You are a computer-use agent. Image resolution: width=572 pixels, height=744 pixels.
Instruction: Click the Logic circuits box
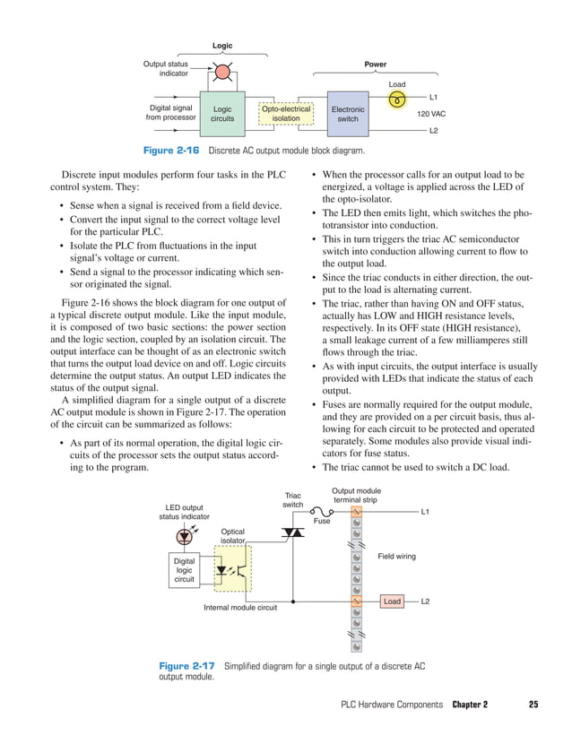[x=221, y=114]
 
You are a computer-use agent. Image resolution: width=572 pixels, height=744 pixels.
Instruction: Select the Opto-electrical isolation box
[x=286, y=114]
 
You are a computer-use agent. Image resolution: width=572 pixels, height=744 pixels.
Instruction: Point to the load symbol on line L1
[x=397, y=99]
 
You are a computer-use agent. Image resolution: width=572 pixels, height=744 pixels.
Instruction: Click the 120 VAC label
[x=431, y=115]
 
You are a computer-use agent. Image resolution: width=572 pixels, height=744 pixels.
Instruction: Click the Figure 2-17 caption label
[x=186, y=666]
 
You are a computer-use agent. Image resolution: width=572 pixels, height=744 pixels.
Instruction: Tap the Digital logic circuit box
[x=184, y=569]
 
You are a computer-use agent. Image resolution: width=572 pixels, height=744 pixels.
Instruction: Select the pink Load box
[x=392, y=601]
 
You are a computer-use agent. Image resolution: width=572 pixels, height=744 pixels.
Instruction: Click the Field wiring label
[x=396, y=557]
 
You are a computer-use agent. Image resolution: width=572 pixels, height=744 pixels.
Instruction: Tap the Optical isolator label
[x=232, y=536]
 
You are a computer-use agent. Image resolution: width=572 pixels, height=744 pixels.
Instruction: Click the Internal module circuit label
[x=240, y=609]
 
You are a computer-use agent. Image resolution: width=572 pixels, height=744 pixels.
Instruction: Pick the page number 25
[x=533, y=705]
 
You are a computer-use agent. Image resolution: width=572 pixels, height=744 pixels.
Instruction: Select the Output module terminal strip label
[x=356, y=496]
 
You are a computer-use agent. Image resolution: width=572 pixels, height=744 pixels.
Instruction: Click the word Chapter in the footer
[x=470, y=705]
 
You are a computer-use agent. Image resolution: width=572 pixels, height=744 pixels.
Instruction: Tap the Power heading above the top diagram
[x=376, y=65]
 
